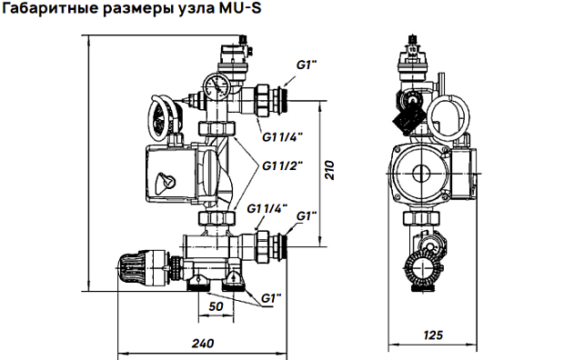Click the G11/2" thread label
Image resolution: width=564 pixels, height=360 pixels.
tap(282, 165)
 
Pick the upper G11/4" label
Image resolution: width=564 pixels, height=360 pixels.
tap(282, 136)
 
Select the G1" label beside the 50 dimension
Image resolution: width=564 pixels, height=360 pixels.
tap(272, 298)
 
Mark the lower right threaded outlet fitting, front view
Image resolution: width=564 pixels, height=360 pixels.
tap(276, 243)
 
